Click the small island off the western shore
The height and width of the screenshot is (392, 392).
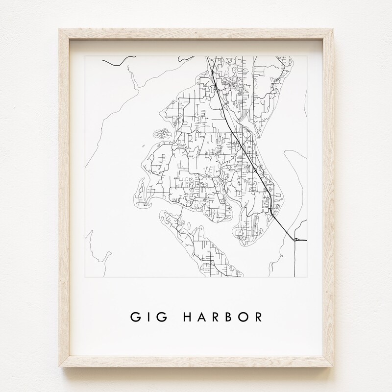161,133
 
